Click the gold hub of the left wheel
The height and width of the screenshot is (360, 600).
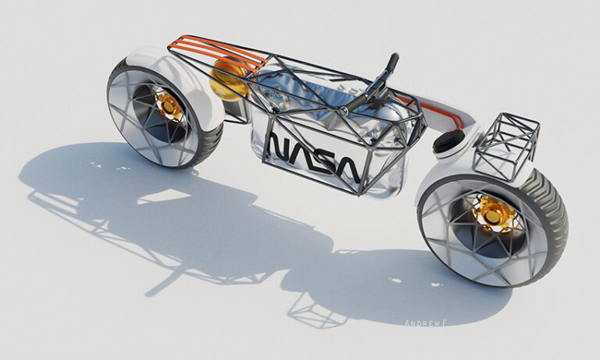(x=168, y=105)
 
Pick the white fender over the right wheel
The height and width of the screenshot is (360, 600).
(x=437, y=176)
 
